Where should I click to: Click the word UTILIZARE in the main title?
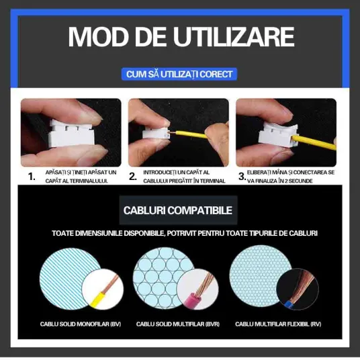tap(234, 37)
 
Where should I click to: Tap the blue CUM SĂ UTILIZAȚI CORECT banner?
tap(179, 74)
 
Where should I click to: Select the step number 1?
tap(32, 177)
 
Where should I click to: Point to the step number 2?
tap(133, 177)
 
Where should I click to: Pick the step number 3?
tap(242, 177)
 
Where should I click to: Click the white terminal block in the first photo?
tap(72, 133)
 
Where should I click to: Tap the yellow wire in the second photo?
tap(190, 134)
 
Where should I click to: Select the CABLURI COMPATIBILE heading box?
tap(178, 210)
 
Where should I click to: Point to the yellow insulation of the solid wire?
tap(97, 299)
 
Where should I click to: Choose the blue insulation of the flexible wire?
tap(289, 304)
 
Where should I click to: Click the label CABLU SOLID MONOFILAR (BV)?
tap(81, 324)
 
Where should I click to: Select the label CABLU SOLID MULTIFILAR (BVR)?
tap(178, 324)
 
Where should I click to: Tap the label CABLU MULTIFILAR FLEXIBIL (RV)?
tap(278, 324)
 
